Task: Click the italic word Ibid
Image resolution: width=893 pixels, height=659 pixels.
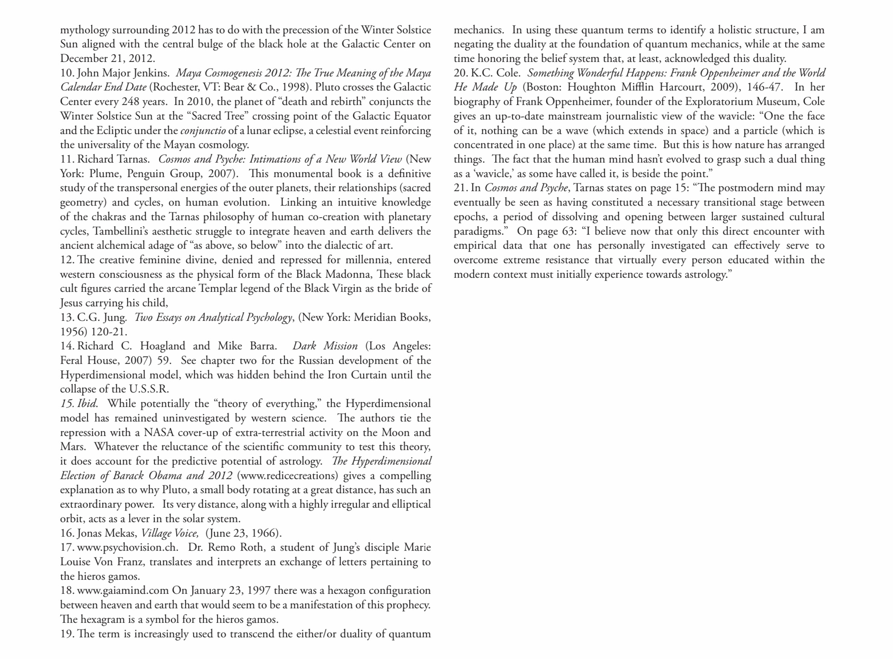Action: click(x=87, y=404)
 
